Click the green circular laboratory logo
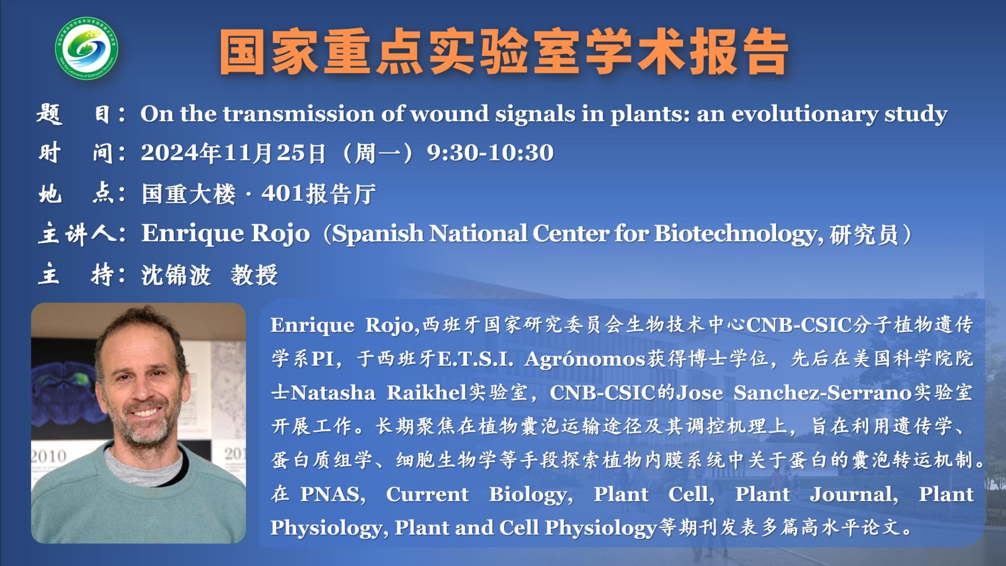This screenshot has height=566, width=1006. point(86,49)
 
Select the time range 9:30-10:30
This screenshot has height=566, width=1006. point(490,153)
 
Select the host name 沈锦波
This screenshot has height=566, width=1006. point(176,275)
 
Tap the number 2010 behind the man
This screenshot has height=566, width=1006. point(49,456)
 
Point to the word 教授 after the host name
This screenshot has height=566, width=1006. point(254,275)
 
